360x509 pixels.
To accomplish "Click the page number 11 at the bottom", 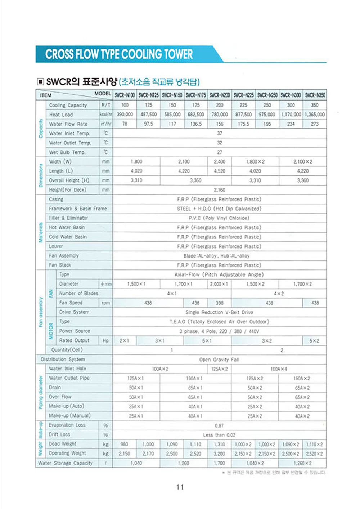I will [x=180, y=487].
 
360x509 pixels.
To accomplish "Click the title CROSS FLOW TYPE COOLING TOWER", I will [x=119, y=54].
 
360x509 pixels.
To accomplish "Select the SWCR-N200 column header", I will [x=220, y=95].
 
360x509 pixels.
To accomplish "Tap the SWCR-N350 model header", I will [x=315, y=95].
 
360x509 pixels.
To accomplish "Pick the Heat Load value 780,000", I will [x=220, y=115].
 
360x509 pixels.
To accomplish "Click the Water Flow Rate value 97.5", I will [x=148, y=124].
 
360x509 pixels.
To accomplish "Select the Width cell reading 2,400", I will [x=220, y=162].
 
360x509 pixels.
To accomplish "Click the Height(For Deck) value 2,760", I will [x=220, y=190].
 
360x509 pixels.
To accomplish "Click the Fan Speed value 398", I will [x=220, y=303].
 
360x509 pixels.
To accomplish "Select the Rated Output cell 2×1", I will [x=124, y=341].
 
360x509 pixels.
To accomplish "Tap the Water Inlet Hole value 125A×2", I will [x=219, y=369].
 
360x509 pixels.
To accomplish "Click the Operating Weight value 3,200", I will [x=219, y=454].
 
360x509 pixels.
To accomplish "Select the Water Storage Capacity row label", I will [x=65, y=463].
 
